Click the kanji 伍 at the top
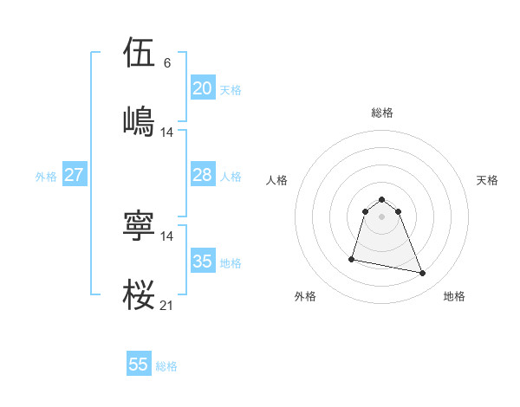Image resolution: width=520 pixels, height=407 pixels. click(140, 53)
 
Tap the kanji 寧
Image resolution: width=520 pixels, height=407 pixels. click(140, 224)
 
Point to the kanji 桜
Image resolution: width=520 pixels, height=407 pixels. click(140, 294)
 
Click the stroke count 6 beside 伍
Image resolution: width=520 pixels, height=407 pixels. click(167, 63)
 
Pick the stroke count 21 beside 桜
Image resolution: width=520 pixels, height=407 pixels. click(167, 305)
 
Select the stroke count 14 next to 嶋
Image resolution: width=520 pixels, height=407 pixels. click(167, 132)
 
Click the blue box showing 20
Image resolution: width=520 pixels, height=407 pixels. click(202, 88)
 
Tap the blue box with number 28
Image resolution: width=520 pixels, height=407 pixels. click(202, 175)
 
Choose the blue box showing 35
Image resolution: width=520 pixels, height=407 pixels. click(202, 262)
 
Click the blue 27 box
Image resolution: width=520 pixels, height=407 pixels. click(74, 175)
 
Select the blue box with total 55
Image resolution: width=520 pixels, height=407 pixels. click(139, 365)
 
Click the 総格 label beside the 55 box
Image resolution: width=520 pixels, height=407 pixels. click(166, 366)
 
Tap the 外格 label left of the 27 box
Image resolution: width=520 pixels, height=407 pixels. click(46, 177)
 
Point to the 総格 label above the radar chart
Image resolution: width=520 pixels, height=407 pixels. click(382, 113)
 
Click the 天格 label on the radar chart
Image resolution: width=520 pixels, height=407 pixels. click(487, 180)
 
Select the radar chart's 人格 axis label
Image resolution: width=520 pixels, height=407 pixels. click(277, 180)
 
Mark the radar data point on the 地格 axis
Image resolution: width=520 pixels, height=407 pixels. click(423, 274)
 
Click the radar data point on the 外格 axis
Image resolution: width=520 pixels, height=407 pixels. click(352, 258)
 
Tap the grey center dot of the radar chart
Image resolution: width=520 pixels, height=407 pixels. click(382, 216)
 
